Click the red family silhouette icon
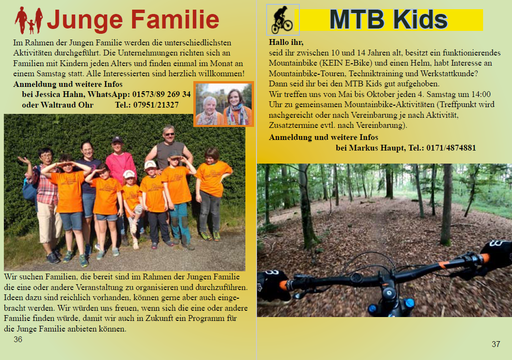click(29, 20)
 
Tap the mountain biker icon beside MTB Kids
click(283, 20)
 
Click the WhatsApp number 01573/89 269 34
click(162, 95)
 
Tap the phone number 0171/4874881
click(451, 148)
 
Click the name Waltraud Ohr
click(67, 105)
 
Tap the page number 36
click(18, 339)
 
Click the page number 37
click(496, 344)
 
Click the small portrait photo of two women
click(224, 104)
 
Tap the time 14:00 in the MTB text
click(481, 95)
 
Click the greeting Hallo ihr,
click(286, 42)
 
